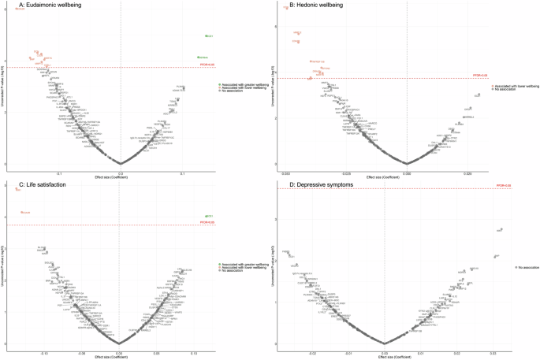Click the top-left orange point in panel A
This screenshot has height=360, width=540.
[17, 8]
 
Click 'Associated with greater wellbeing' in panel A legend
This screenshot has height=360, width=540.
[244, 84]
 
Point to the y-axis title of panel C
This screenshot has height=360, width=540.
[6, 268]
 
